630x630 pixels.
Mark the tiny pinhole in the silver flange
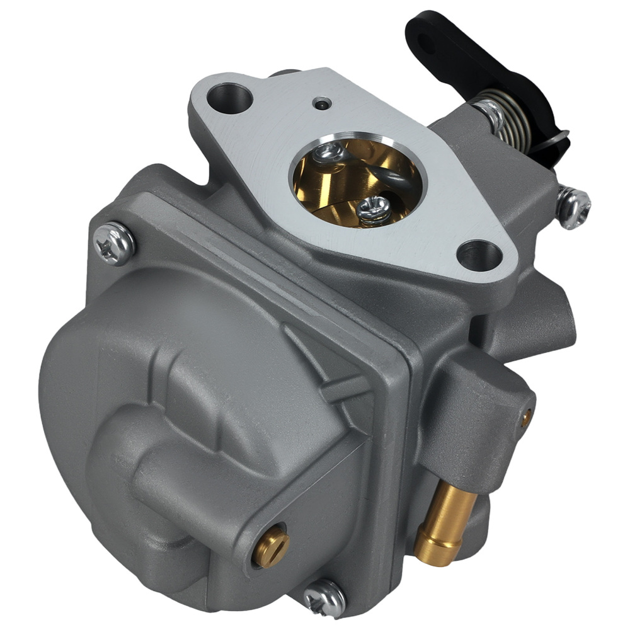(322, 105)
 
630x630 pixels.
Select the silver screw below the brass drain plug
(324, 598)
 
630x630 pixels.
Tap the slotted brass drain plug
(272, 547)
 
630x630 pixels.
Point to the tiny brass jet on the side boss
(525, 415)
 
